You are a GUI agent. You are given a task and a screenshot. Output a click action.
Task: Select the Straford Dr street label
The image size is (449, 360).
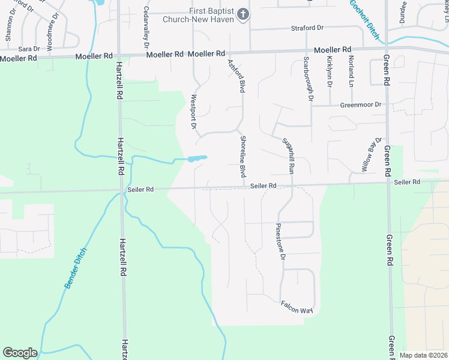point(307,28)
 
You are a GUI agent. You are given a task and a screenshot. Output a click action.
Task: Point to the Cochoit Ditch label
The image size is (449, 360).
point(364,19)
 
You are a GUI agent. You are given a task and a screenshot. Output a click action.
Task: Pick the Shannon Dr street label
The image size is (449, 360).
point(9,28)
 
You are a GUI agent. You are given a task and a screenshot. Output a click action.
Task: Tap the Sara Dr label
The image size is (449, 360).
point(29,49)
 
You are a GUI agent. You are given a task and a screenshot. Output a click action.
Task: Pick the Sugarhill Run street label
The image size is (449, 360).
point(288,155)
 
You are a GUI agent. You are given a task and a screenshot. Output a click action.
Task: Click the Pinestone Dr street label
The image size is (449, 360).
point(279,242)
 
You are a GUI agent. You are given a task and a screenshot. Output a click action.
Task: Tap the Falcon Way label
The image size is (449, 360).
point(297,307)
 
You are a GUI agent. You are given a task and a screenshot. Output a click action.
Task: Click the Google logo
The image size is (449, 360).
point(20,353)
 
